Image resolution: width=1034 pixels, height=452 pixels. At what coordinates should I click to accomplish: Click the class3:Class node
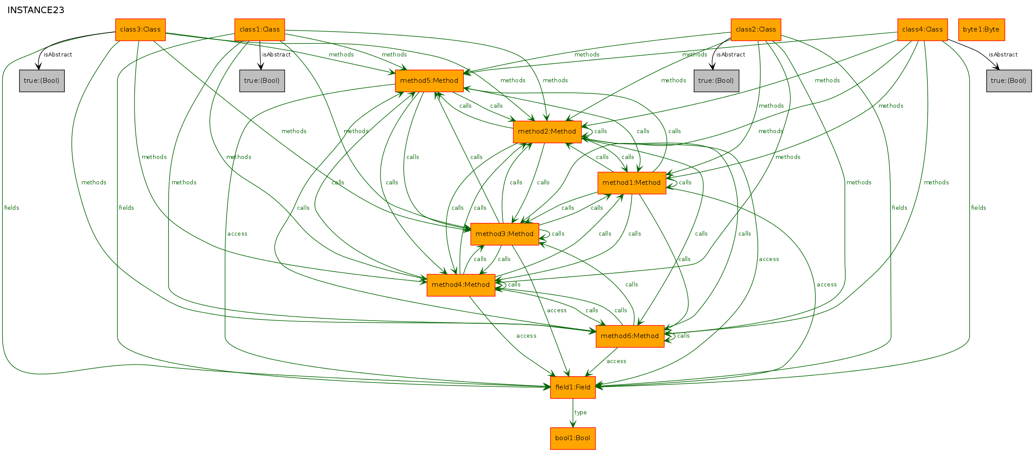coord(141,30)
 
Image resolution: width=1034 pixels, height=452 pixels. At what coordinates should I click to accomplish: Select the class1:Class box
coord(260,30)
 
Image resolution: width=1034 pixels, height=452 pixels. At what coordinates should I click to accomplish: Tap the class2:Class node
coord(756,30)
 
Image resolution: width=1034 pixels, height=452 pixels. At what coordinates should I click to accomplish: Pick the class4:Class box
coord(923,30)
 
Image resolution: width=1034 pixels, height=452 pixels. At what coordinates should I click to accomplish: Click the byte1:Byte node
coord(981,30)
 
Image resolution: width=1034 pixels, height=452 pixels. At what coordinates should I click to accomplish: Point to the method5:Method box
coord(429,81)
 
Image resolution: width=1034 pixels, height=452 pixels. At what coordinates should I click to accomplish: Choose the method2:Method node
coord(547,132)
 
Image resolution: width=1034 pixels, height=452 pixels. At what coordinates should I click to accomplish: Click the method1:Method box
coord(632,183)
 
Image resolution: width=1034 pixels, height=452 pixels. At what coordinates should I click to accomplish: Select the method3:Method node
coord(505,234)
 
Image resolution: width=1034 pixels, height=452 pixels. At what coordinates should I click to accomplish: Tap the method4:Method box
coord(461,285)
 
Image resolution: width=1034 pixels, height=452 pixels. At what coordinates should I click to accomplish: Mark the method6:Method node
coord(630,336)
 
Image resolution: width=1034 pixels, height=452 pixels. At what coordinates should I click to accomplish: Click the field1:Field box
coord(573,388)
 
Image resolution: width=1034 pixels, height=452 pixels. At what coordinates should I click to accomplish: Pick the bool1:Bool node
coord(573,438)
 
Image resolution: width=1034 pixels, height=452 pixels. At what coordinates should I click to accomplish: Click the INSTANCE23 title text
coord(36,10)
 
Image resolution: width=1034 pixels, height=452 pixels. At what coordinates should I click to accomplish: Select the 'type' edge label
coord(580,413)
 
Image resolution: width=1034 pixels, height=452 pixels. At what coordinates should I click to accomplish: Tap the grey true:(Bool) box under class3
coord(42,81)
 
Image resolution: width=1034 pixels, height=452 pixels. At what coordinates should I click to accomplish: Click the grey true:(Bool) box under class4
coord(1009,81)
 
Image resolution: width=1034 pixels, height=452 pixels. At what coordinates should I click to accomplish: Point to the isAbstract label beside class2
coord(731,55)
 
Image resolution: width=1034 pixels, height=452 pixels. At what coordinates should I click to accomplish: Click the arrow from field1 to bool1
coord(573,413)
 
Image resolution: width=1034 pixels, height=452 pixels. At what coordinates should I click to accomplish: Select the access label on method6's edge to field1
coord(616,361)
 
